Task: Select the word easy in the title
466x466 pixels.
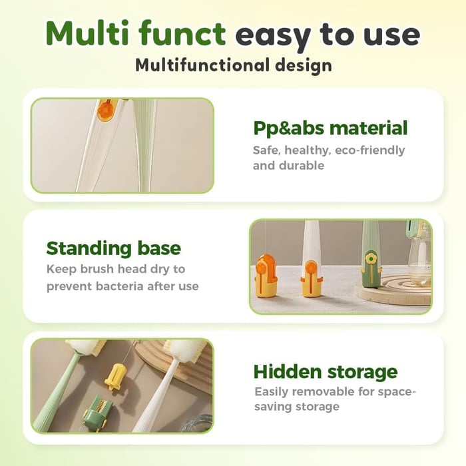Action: coord(270,35)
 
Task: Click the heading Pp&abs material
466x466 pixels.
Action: coord(330,128)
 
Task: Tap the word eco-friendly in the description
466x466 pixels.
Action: coord(371,150)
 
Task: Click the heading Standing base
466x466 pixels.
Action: coord(113,248)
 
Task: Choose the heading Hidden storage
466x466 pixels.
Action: coord(325,371)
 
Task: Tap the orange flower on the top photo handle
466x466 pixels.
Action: coord(107,110)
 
